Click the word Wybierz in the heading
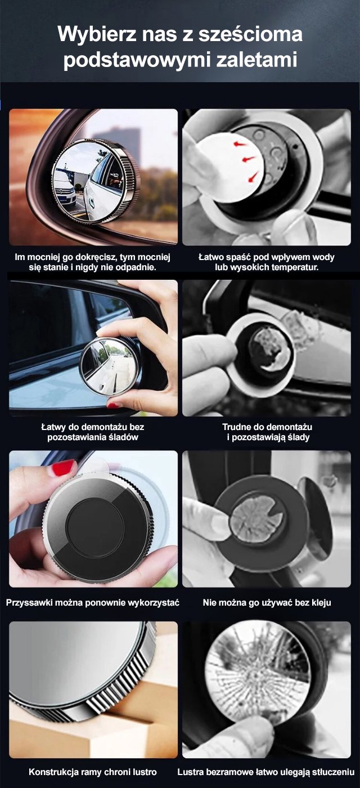click(97, 34)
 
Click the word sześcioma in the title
click(250, 35)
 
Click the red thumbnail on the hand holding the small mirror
click(114, 405)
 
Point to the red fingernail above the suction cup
click(64, 467)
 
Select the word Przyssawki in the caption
click(29, 603)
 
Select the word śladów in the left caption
click(124, 437)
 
